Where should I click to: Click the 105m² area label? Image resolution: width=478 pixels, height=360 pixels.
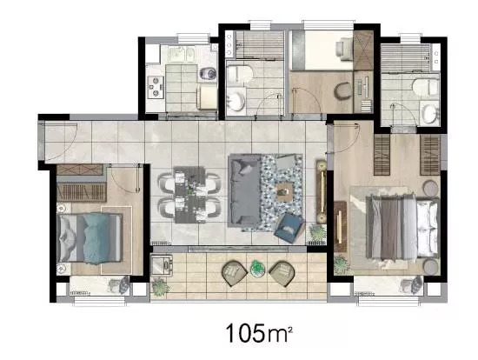[x=259, y=333]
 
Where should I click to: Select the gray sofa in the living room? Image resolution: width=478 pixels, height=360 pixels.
[x=245, y=190]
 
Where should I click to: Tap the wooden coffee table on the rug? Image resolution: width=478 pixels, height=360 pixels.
[x=286, y=192]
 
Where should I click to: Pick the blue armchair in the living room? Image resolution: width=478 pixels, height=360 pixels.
[x=289, y=228]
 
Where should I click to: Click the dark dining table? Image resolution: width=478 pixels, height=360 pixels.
[x=189, y=195]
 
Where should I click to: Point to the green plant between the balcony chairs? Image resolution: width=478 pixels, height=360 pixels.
[x=258, y=269]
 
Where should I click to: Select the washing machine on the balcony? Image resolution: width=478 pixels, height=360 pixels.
[x=162, y=265]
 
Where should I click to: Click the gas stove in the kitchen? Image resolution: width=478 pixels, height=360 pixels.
[x=156, y=87]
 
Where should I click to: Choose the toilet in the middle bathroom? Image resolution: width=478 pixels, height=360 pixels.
[x=240, y=74]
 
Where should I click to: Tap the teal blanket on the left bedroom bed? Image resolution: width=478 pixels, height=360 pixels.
[x=96, y=238]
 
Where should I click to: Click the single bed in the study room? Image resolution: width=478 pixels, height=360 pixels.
[x=322, y=50]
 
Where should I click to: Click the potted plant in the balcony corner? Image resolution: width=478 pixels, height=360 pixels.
[x=160, y=287]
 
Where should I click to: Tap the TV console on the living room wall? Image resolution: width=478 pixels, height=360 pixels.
[x=322, y=191]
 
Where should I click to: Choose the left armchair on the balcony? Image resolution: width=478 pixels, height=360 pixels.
[x=235, y=273]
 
